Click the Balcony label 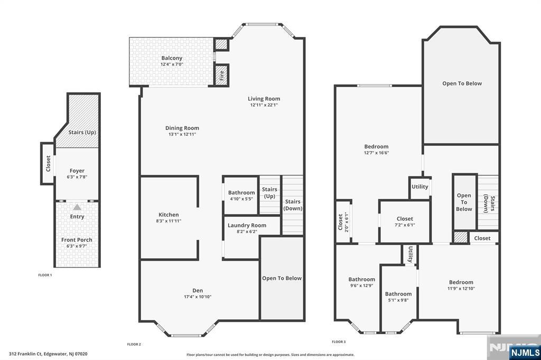tap(172, 58)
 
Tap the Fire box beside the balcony tap(221, 74)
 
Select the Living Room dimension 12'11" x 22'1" tap(264, 105)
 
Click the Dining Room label tap(182, 128)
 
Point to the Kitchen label tap(169, 215)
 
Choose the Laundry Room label tap(247, 225)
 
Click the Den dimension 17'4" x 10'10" tap(198, 297)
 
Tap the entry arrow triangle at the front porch tap(77, 207)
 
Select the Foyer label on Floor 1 tap(77, 170)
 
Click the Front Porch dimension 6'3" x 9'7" tap(77, 246)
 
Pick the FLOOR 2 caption tap(134, 344)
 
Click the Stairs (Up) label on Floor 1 tap(82, 132)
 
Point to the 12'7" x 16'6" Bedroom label tap(376, 147)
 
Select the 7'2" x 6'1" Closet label tap(405, 219)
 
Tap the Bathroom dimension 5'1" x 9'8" tap(398, 300)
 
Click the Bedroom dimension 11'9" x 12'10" tap(461, 288)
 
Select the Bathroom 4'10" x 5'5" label tap(241, 195)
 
